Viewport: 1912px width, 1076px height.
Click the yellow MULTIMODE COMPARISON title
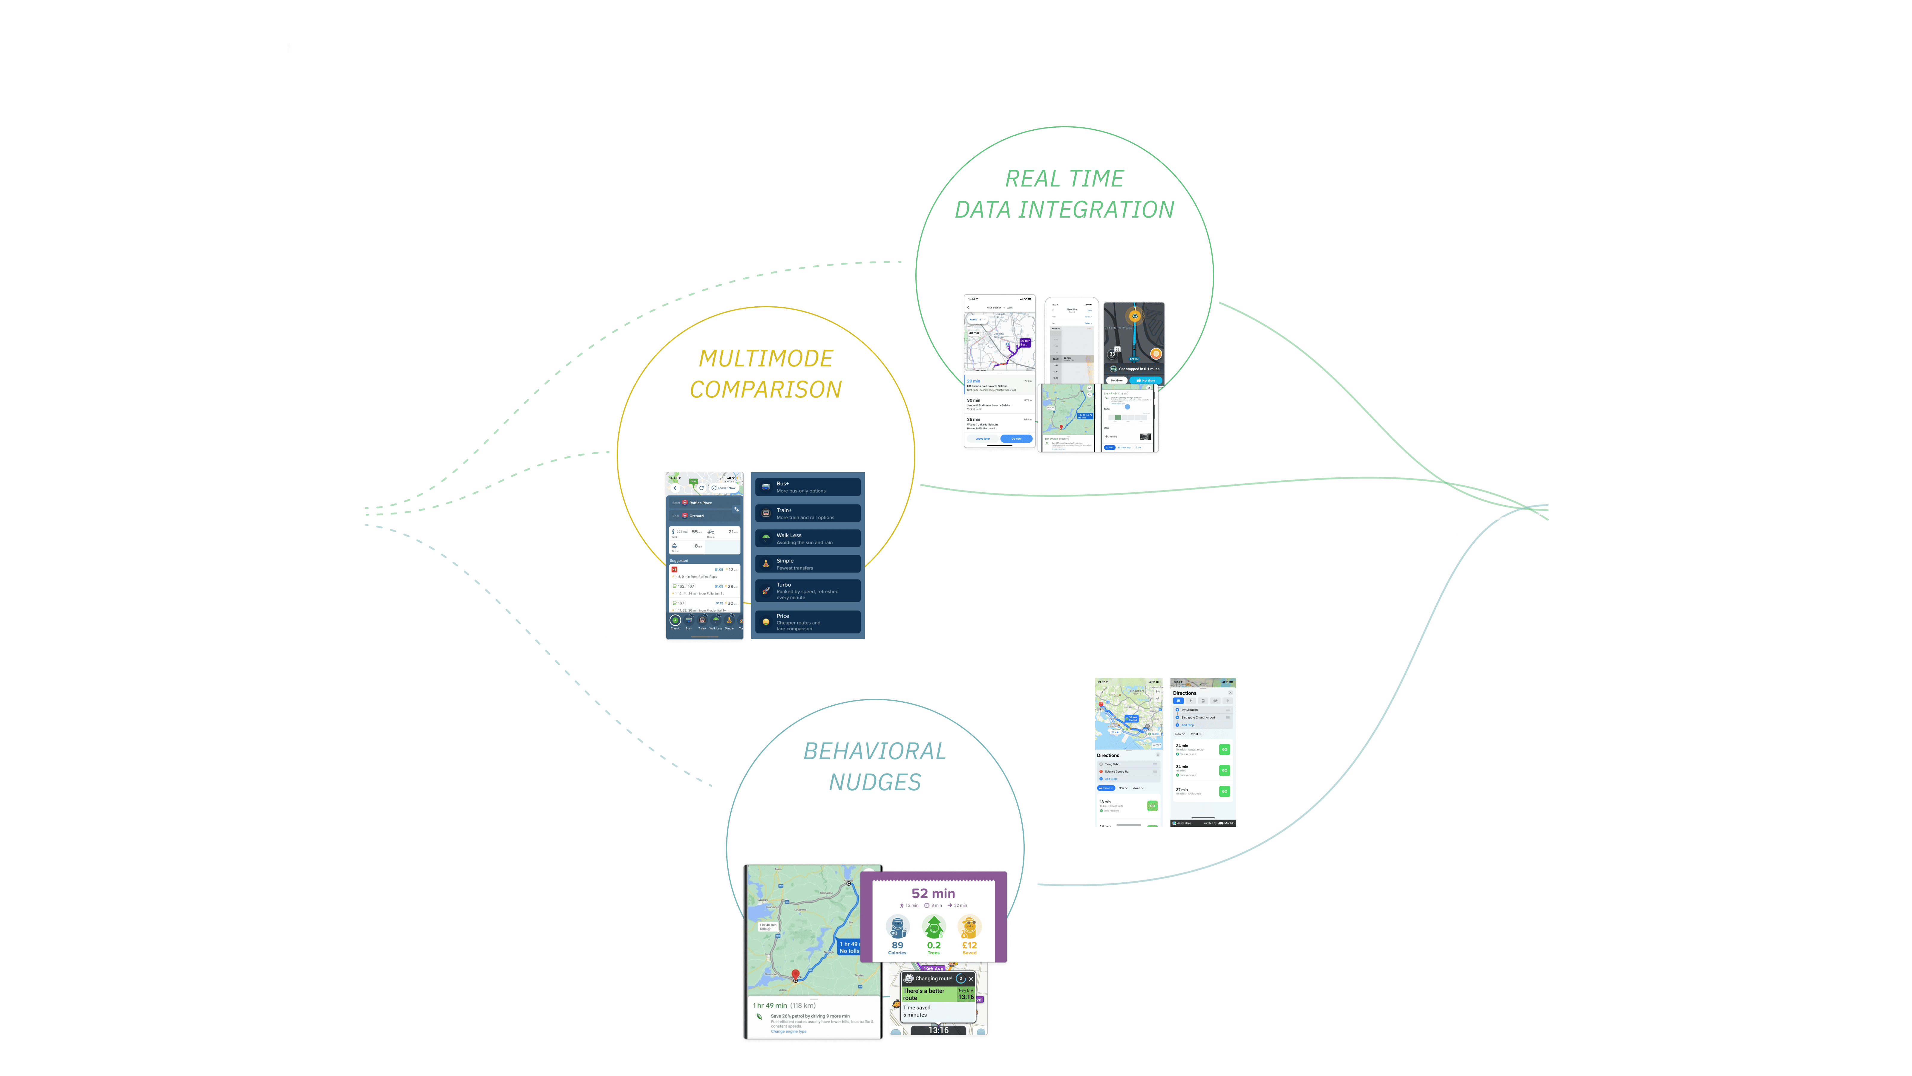[x=765, y=374]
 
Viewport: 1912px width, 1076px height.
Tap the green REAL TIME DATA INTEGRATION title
[x=1064, y=194]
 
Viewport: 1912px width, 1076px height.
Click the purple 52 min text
[x=933, y=893]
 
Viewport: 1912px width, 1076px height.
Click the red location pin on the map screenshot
[x=796, y=974]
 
